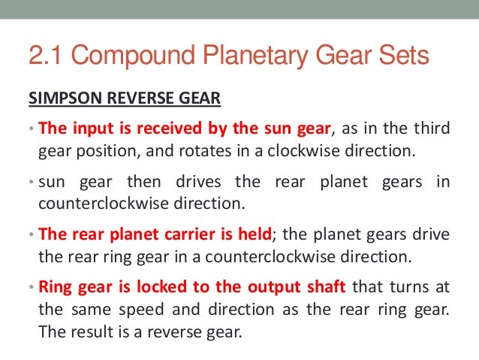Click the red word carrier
[x=194, y=234]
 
